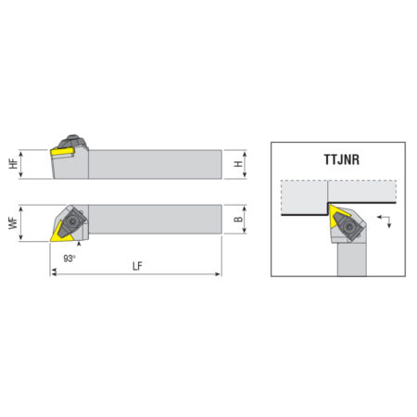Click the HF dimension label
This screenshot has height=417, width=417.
13,164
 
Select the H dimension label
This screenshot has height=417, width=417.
238,164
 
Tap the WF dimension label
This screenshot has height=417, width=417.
13,223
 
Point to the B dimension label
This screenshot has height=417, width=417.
238,219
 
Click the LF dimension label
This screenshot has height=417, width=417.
137,266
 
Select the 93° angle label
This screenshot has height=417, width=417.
69,259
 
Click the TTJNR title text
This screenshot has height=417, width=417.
342,159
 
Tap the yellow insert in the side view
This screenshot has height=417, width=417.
62,151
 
